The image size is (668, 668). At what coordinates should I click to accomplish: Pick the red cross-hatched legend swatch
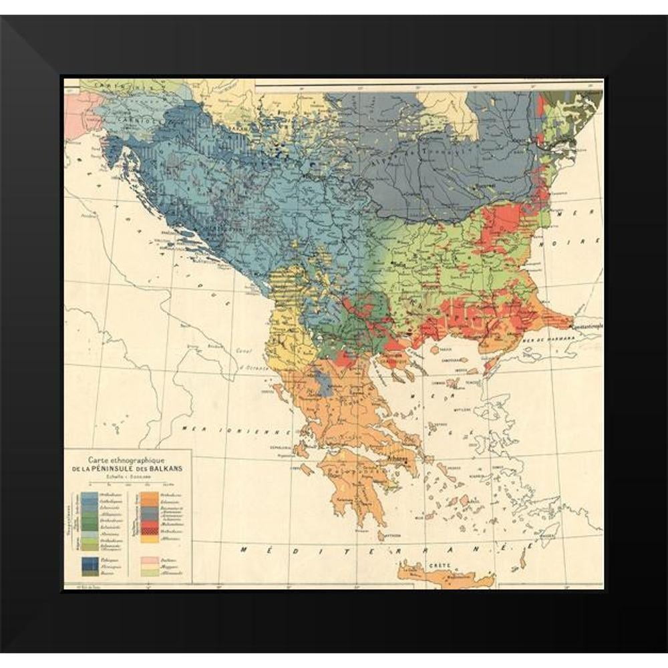click(x=150, y=531)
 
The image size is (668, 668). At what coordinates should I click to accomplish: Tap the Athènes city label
click(x=395, y=460)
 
